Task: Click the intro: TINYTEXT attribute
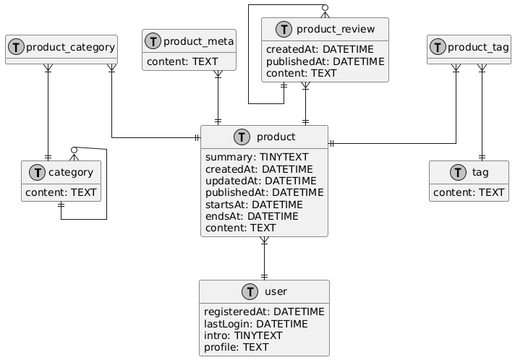tap(243, 335)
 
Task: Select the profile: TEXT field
tap(237, 347)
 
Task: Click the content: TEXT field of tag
tap(469, 192)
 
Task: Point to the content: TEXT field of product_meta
tap(187, 62)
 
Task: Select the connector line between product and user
tap(265, 258)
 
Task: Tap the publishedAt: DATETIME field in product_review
tap(325, 61)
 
